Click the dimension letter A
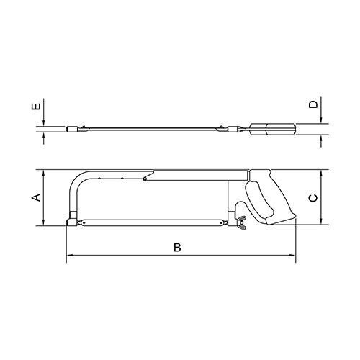click(36, 197)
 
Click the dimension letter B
click(177, 248)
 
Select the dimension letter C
click(312, 198)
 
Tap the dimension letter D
click(313, 104)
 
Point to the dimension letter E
click(36, 106)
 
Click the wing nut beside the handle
click(241, 222)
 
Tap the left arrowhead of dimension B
click(70, 255)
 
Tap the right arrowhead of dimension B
click(292, 255)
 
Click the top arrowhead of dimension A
click(43, 174)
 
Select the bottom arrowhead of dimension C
click(321, 221)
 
